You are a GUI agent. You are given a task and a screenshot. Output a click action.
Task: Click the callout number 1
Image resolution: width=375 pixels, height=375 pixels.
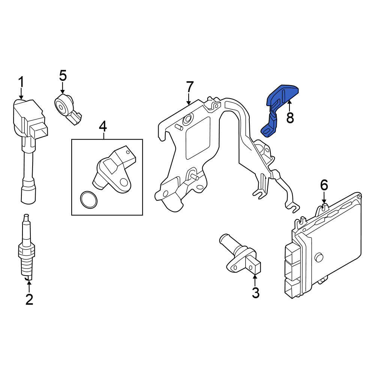(21, 82)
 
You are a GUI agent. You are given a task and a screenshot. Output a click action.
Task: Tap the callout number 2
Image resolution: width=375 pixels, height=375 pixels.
(29, 299)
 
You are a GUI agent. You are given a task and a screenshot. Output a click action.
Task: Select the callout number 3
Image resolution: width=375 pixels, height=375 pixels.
(256, 293)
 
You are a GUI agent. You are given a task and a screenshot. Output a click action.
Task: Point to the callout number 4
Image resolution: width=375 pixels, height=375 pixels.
(103, 126)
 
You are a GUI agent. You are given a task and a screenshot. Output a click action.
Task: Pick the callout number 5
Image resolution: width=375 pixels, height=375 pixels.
(63, 76)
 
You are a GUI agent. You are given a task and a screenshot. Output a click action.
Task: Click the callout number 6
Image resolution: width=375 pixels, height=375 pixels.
(324, 185)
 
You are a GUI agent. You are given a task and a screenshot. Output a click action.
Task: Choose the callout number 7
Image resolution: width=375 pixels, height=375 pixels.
(189, 87)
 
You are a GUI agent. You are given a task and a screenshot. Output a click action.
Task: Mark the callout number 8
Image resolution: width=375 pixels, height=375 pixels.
(290, 118)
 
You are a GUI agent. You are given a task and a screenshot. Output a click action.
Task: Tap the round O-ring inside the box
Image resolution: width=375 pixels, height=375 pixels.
(89, 199)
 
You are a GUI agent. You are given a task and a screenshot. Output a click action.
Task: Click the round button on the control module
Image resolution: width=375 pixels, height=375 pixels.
(319, 257)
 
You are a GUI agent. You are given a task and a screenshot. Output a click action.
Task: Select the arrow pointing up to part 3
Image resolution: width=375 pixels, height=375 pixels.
(255, 280)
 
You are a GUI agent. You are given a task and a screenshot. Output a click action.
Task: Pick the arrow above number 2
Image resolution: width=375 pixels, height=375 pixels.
(29, 287)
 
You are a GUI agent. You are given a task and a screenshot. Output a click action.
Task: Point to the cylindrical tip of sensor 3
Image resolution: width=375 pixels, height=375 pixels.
(226, 240)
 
